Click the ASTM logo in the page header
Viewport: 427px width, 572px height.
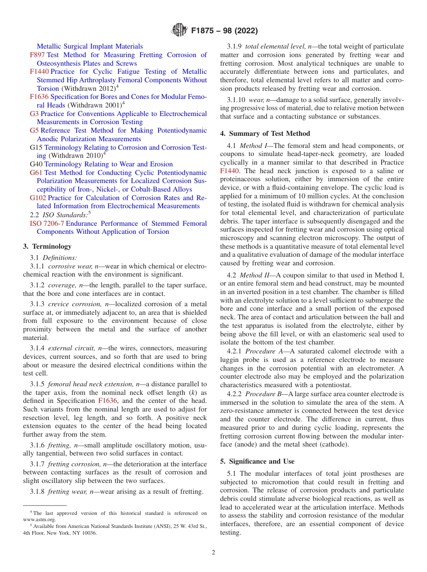[x=179, y=31]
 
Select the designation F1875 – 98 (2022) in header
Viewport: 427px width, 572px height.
[x=224, y=31]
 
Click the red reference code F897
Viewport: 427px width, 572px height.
[x=37, y=55]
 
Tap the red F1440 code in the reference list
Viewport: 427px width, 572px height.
[x=39, y=71]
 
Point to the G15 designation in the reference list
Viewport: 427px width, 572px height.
[x=36, y=147]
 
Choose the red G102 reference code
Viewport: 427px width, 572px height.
[x=38, y=198]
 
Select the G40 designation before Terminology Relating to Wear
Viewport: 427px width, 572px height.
[x=36, y=164]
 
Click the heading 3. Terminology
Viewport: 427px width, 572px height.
[x=47, y=246]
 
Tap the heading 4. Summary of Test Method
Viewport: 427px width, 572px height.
[x=265, y=134]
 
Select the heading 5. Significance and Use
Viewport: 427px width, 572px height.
[x=257, y=461]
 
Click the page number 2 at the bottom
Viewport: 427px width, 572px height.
[x=213, y=553]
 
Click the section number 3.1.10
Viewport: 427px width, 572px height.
[x=236, y=99]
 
